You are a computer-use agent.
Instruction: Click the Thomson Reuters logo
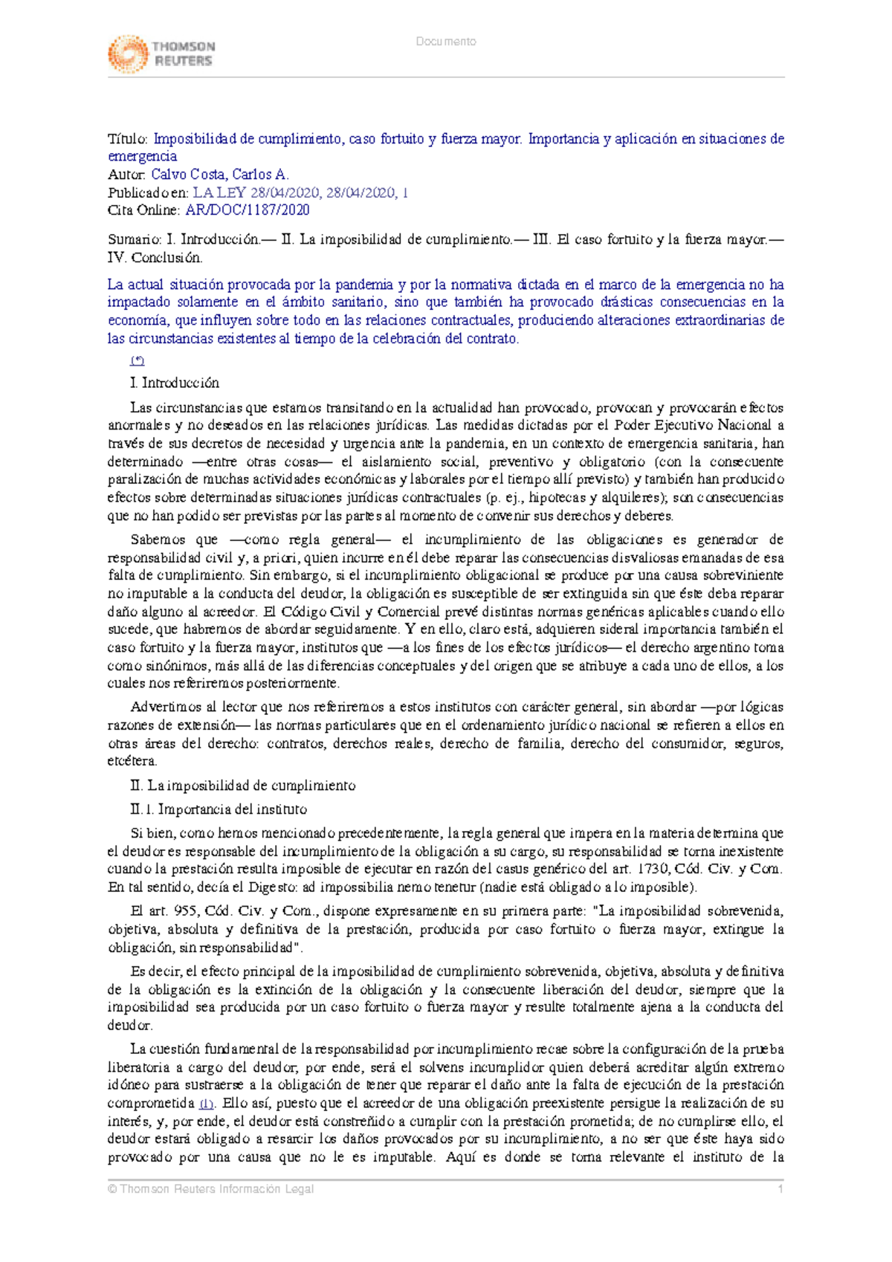pos(161,54)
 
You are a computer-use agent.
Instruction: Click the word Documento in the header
pos(446,42)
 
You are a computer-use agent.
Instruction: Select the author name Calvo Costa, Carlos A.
pos(219,175)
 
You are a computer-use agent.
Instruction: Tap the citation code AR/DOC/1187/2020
pos(247,210)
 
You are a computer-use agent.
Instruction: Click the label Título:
pos(128,139)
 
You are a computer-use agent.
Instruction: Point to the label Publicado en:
pos(148,192)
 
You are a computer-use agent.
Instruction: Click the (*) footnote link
pos(138,361)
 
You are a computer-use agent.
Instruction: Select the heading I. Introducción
pos(175,383)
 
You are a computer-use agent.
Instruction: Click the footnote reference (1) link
pos(207,1104)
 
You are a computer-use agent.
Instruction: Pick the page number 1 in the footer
pos(780,1189)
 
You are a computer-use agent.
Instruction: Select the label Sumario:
pos(134,240)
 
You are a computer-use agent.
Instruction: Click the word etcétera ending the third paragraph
pos(132,762)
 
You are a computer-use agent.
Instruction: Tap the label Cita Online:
pos(143,210)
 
